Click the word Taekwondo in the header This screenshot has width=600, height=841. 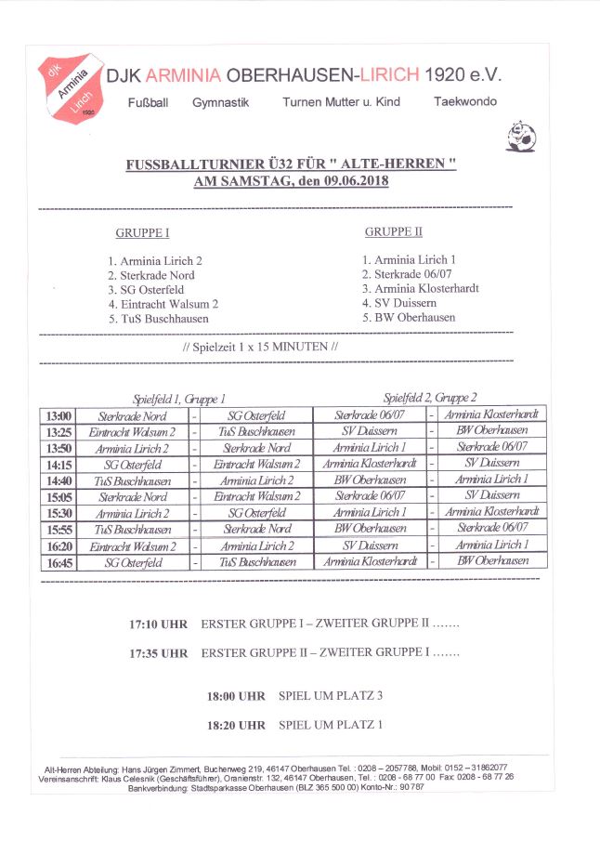tap(464, 101)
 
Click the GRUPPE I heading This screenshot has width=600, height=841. tap(142, 233)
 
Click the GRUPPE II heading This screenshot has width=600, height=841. tap(393, 231)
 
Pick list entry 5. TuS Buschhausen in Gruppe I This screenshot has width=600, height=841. tap(158, 318)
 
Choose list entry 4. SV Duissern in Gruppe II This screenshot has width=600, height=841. tap(399, 303)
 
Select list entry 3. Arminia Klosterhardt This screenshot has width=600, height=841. tap(421, 288)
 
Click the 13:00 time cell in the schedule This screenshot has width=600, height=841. tap(58, 415)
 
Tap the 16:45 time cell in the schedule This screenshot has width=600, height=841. tap(58, 561)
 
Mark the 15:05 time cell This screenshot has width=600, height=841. tap(58, 496)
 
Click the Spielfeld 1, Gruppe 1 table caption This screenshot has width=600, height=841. tap(179, 398)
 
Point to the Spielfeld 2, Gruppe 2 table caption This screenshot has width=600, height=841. tap(430, 397)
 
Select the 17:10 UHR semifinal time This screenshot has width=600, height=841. tap(158, 624)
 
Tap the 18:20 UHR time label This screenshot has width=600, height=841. tap(236, 725)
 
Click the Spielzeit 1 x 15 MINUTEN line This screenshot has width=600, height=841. tap(260, 347)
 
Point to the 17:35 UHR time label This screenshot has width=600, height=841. tap(158, 652)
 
